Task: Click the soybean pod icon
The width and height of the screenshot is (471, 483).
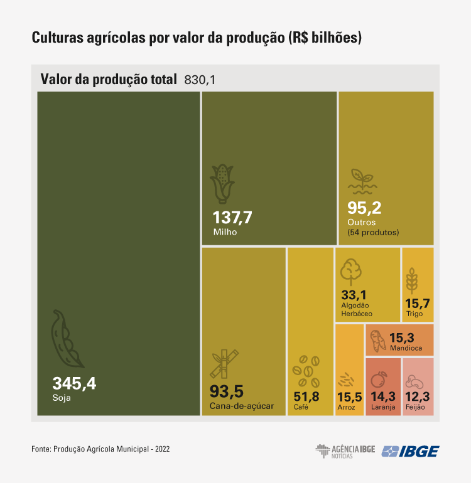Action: point(67,339)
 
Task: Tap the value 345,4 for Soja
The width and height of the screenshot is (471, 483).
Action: point(74,383)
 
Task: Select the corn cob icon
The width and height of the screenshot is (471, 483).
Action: point(222,183)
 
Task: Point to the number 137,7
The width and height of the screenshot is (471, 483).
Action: point(232,218)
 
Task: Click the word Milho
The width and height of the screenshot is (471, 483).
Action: point(225,232)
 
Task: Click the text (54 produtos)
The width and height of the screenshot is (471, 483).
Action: point(373,232)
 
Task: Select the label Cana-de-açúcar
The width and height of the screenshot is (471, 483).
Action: point(242,406)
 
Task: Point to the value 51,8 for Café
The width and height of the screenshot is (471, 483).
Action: point(306,396)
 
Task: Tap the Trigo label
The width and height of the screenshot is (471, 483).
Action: point(414,314)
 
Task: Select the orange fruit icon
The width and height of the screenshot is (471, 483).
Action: point(379,379)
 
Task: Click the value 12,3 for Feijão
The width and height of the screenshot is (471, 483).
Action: point(417,396)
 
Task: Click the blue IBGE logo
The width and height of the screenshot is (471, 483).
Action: point(411,451)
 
